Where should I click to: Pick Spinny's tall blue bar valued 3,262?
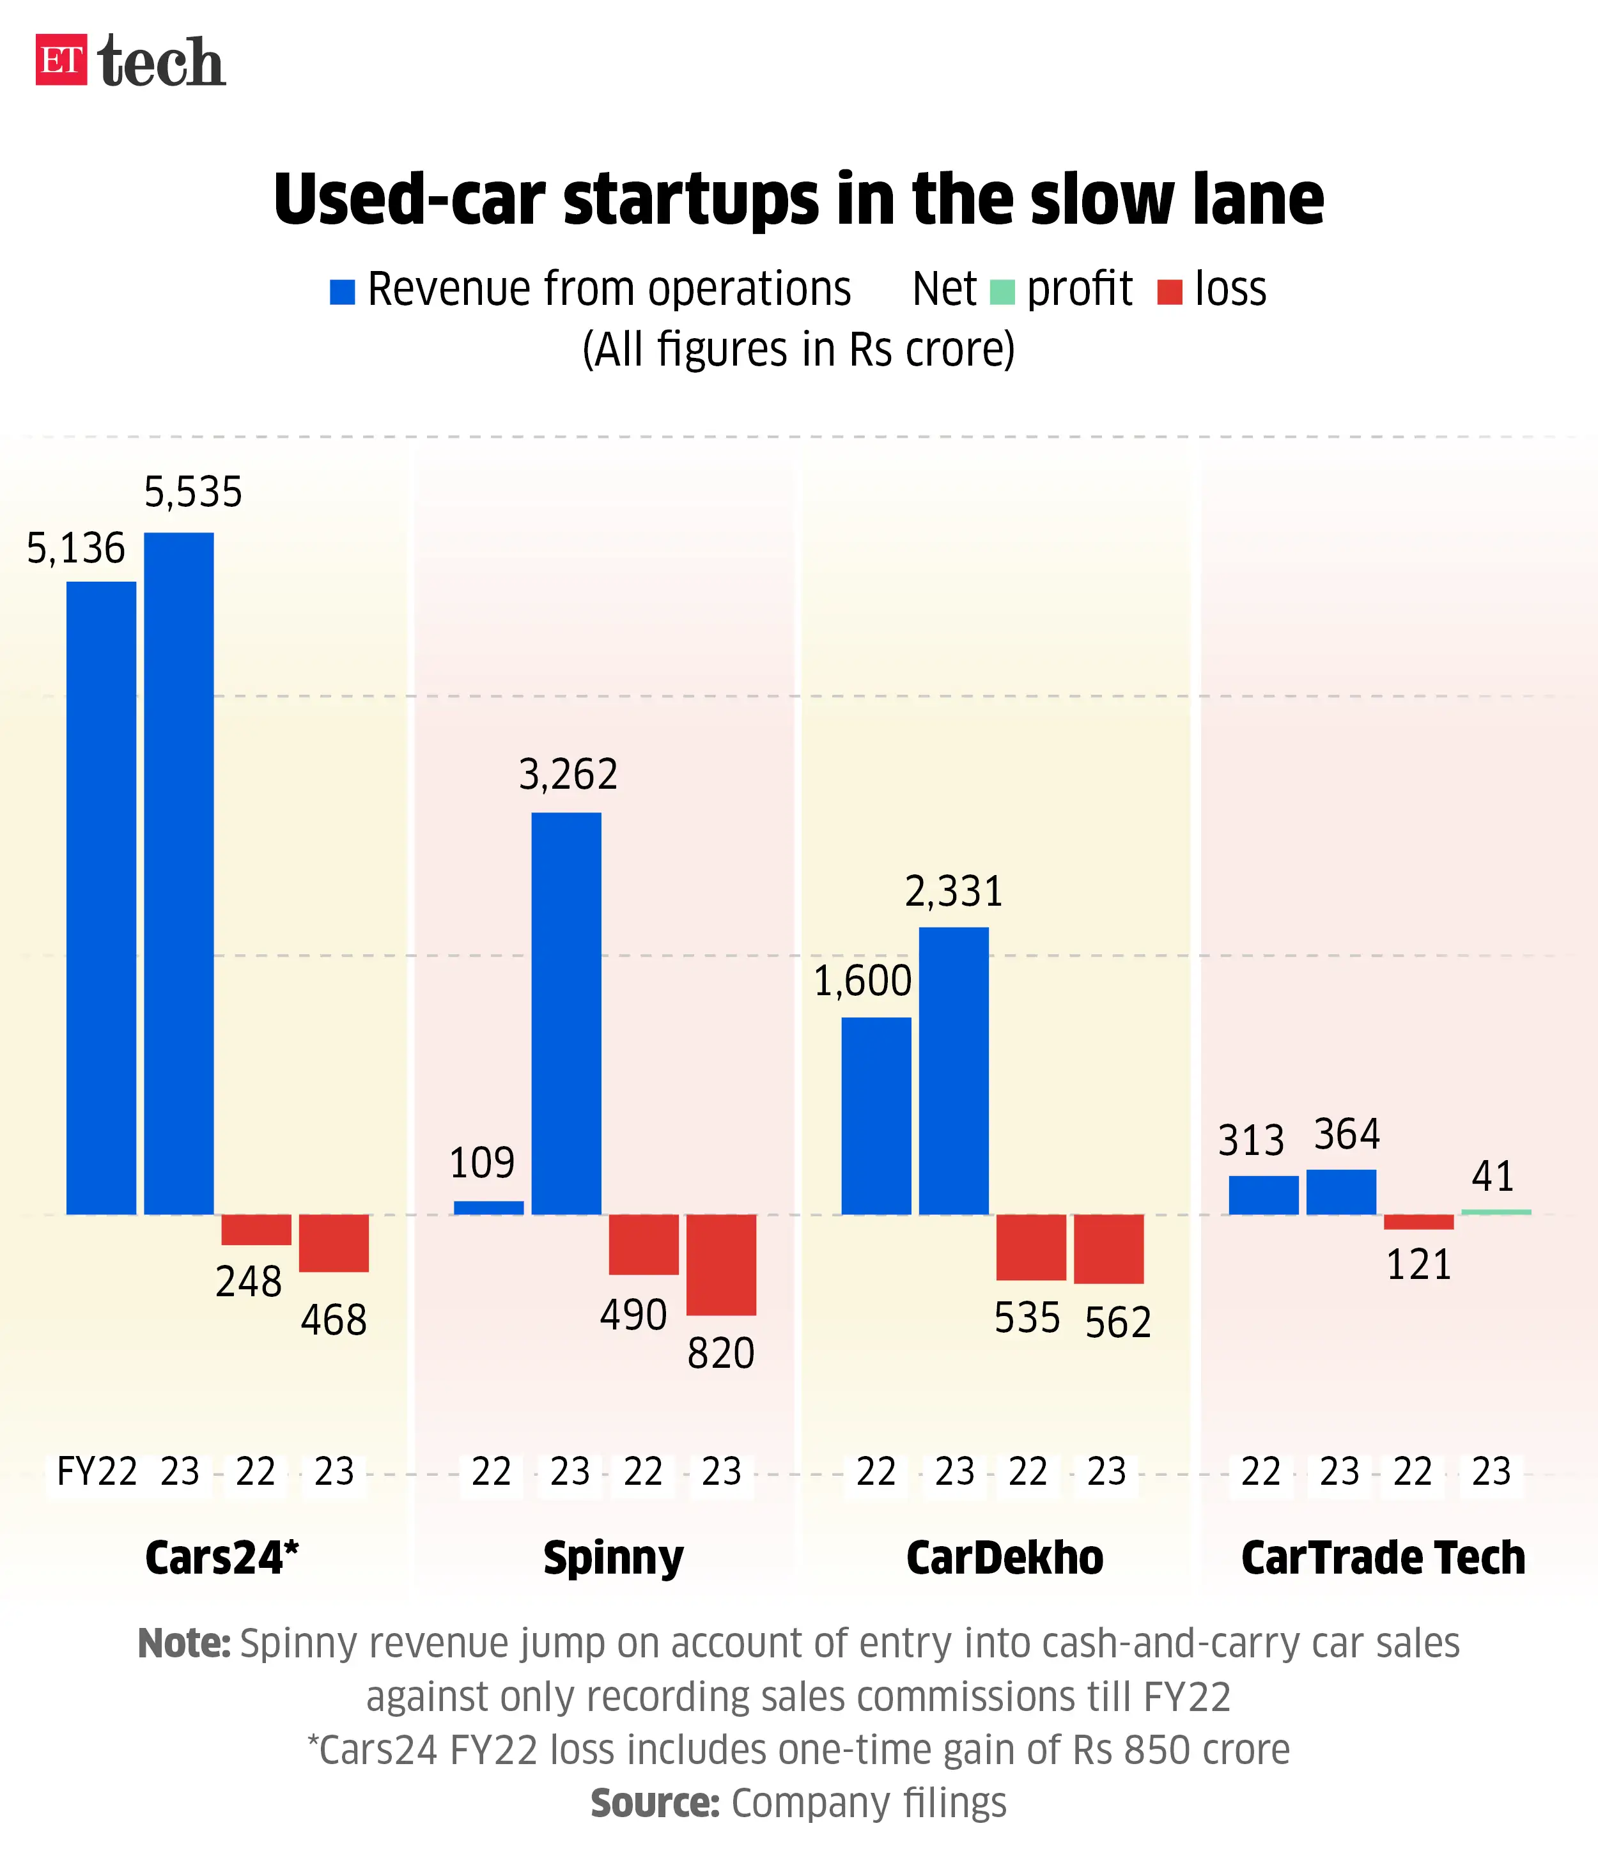coord(566,1013)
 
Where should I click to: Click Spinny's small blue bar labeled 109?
coord(488,1207)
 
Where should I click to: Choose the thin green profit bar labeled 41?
coord(1495,1212)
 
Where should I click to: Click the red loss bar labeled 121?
coord(1418,1222)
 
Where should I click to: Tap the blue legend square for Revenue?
coord(343,292)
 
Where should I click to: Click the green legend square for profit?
coord(1002,292)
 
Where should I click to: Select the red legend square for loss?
coord(1169,292)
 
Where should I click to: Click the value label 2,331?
coord(954,892)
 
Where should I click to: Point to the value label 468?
coord(334,1321)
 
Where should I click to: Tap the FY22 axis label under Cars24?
coord(97,1471)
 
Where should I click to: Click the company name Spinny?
coord(613,1558)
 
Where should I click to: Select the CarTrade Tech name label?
coord(1383,1558)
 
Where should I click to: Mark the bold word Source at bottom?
coord(655,1803)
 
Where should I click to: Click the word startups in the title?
coord(692,200)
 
